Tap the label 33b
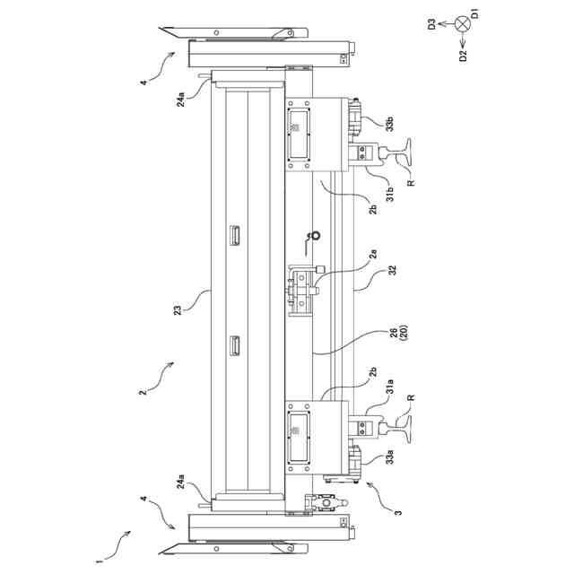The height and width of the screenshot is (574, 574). coord(389,124)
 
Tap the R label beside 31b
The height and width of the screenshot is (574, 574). coord(410,184)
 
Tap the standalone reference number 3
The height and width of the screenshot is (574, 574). coord(398,516)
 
